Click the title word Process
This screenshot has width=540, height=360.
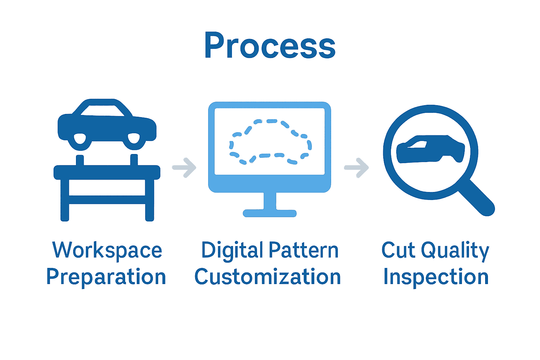(x=270, y=46)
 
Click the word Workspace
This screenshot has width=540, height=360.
(x=107, y=250)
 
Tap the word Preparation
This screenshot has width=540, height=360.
(x=106, y=277)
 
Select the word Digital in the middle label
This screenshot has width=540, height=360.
(x=232, y=250)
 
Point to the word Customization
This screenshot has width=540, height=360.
(x=268, y=277)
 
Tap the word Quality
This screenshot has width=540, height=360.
(x=455, y=250)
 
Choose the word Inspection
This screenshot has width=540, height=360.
(x=436, y=277)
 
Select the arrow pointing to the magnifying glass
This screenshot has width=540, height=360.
(x=356, y=168)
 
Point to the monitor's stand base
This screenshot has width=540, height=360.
(x=270, y=213)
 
